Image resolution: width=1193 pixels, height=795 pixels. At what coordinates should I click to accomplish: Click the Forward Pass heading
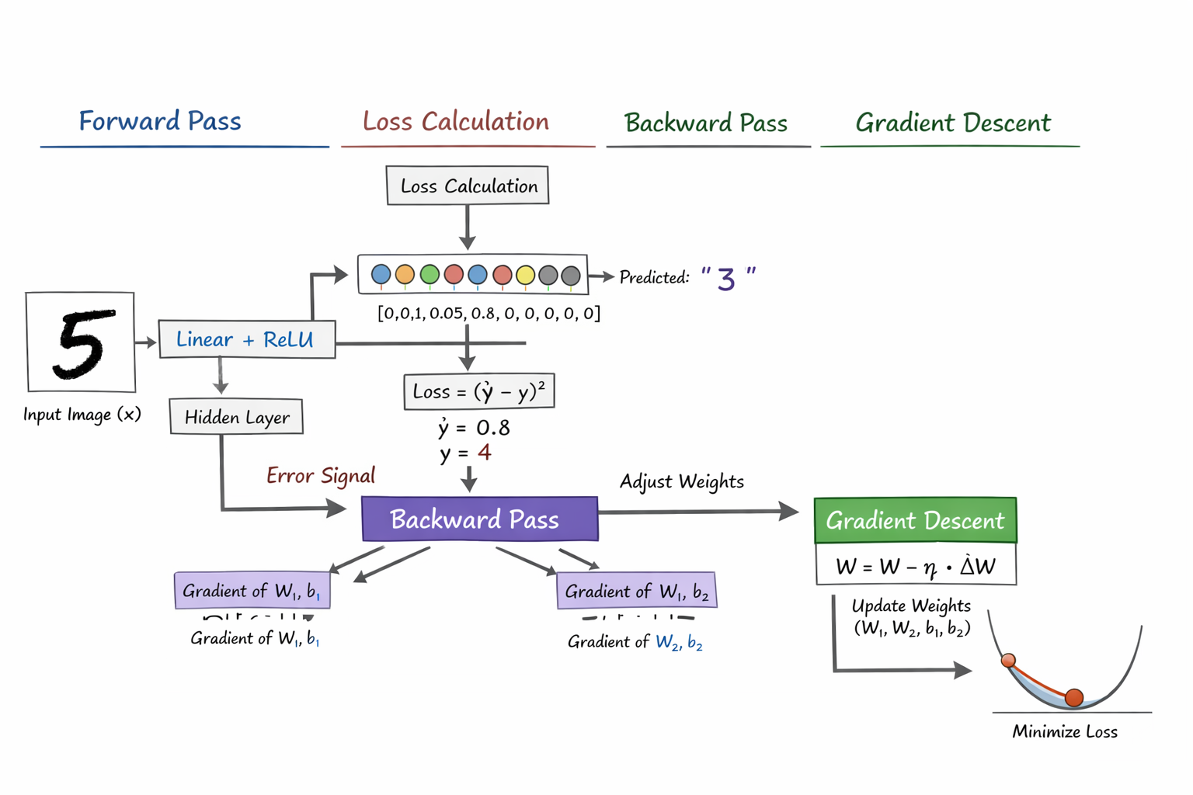point(160,121)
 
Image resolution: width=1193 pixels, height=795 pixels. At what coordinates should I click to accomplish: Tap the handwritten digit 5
point(83,344)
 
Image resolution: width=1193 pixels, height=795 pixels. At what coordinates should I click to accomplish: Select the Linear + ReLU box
point(246,339)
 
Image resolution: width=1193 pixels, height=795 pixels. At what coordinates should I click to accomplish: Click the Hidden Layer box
point(236,417)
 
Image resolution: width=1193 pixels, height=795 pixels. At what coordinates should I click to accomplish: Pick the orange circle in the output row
point(405,274)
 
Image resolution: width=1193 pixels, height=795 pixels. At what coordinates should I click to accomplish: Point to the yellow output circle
point(525,275)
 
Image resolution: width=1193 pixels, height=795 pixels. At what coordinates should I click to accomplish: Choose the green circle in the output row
point(430,274)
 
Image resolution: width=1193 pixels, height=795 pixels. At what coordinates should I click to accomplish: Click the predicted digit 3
point(726,279)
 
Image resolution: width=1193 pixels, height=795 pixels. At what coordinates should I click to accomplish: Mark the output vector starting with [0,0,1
point(489,313)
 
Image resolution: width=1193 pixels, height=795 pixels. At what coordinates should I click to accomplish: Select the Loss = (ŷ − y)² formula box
point(478,391)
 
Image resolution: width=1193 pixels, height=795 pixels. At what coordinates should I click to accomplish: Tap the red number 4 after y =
point(485,452)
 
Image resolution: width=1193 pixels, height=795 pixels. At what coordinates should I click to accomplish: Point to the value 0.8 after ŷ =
point(492,428)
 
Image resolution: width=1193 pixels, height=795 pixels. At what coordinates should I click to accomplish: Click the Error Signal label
point(320,475)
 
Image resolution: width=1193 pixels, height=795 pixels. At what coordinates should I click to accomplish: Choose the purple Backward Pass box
point(479,519)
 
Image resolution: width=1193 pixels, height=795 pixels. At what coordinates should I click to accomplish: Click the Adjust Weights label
point(681,481)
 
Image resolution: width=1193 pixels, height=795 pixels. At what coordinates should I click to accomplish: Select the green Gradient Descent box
point(915,520)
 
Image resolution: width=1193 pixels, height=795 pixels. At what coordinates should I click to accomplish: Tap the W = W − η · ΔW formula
point(915,566)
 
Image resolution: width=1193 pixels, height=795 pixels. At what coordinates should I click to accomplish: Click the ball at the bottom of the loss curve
point(1074,697)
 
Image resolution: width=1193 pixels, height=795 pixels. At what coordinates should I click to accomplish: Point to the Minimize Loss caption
point(1064,731)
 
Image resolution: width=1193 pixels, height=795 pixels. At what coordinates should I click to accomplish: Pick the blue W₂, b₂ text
point(679,642)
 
